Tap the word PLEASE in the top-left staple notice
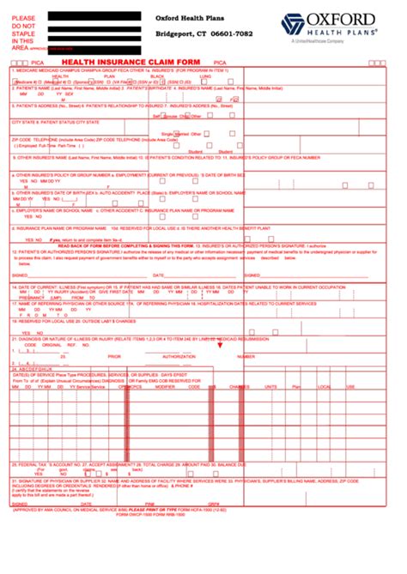[x=24, y=17]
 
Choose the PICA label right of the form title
[x=221, y=63]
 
